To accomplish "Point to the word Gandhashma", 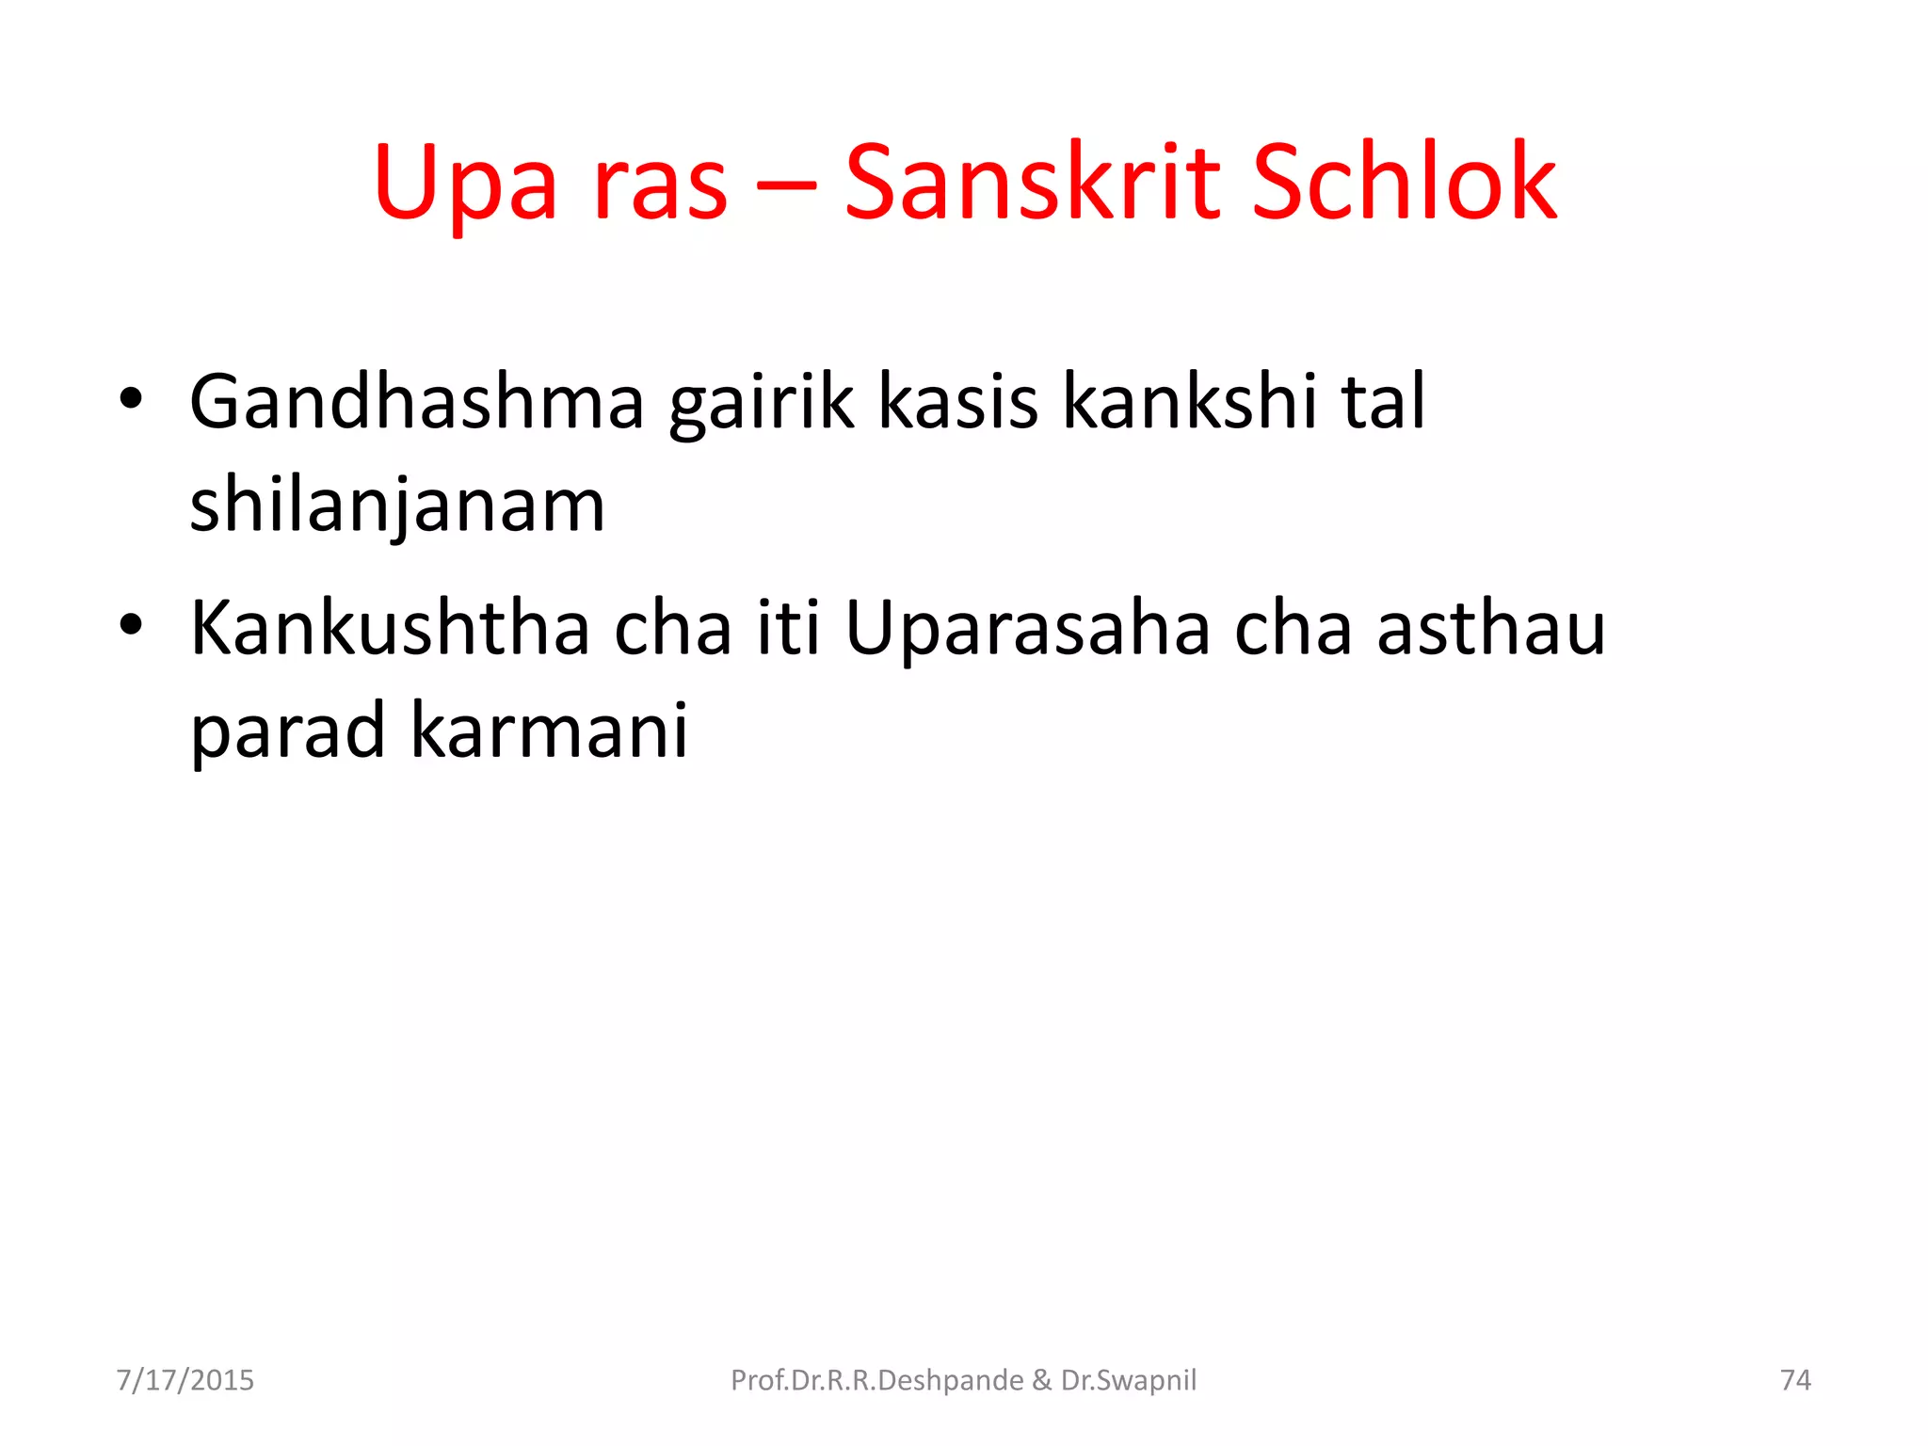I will pyautogui.click(x=417, y=402).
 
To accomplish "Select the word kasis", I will pyautogui.click(x=957, y=402).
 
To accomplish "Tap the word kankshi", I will pyautogui.click(x=1190, y=402).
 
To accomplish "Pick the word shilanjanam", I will pyautogui.click(x=397, y=506).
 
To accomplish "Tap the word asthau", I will pyautogui.click(x=1490, y=628).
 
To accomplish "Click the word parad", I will pyautogui.click(x=287, y=732).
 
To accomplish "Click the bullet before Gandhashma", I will pyautogui.click(x=131, y=400).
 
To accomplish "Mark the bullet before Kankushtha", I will pyautogui.click(x=131, y=625).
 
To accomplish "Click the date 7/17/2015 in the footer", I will pyautogui.click(x=185, y=1380).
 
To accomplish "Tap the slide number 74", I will pyautogui.click(x=1795, y=1380).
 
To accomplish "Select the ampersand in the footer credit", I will pyautogui.click(x=1041, y=1380).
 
